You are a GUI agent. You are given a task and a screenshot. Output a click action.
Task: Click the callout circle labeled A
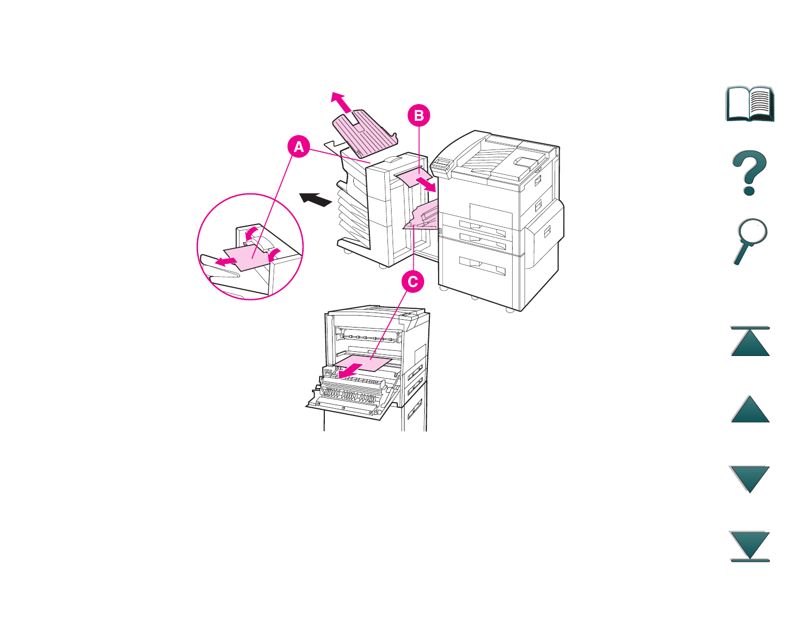coord(298,147)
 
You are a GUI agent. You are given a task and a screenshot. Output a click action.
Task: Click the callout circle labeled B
coord(418,115)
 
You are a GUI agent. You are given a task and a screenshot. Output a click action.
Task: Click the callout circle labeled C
coord(413,282)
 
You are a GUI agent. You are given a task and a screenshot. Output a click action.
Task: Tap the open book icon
coord(750,104)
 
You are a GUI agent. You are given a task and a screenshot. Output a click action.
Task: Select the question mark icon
coord(750,173)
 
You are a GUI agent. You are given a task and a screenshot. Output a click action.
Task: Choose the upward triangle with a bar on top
coord(750,341)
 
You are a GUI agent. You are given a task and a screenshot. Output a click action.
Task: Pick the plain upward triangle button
coord(750,409)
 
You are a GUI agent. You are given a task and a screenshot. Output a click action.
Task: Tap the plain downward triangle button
coord(750,479)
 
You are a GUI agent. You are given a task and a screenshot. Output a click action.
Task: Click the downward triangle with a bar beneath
coord(750,546)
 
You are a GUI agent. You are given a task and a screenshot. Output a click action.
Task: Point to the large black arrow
coord(316,199)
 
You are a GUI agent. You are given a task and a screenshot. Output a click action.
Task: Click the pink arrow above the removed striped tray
coord(341,101)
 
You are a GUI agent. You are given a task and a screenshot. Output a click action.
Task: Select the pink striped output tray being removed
coord(365,136)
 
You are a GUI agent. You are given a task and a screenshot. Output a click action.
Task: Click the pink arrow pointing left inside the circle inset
coord(226,261)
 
